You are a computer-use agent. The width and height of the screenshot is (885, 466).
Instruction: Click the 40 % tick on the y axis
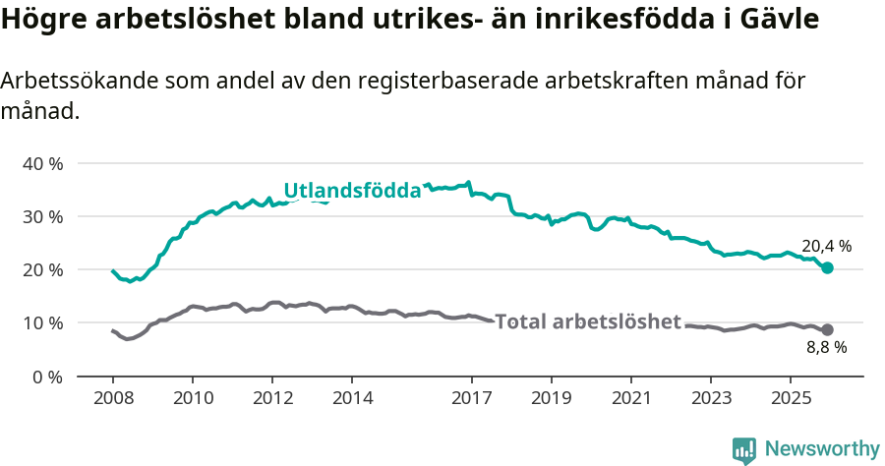click(41, 163)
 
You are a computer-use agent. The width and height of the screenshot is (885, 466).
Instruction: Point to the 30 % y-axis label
click(41, 216)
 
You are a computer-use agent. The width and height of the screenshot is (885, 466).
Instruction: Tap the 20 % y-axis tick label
click(41, 269)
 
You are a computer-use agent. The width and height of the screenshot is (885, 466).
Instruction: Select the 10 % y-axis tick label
click(41, 322)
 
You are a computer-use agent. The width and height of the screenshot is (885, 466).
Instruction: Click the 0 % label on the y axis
click(46, 377)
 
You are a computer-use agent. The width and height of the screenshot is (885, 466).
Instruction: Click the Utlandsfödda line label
click(352, 191)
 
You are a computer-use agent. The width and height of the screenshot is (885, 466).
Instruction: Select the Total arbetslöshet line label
click(588, 321)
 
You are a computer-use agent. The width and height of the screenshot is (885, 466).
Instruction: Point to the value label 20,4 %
click(826, 246)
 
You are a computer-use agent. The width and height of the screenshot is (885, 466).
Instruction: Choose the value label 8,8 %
click(826, 347)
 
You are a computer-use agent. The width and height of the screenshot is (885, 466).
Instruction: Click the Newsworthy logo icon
click(744, 450)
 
